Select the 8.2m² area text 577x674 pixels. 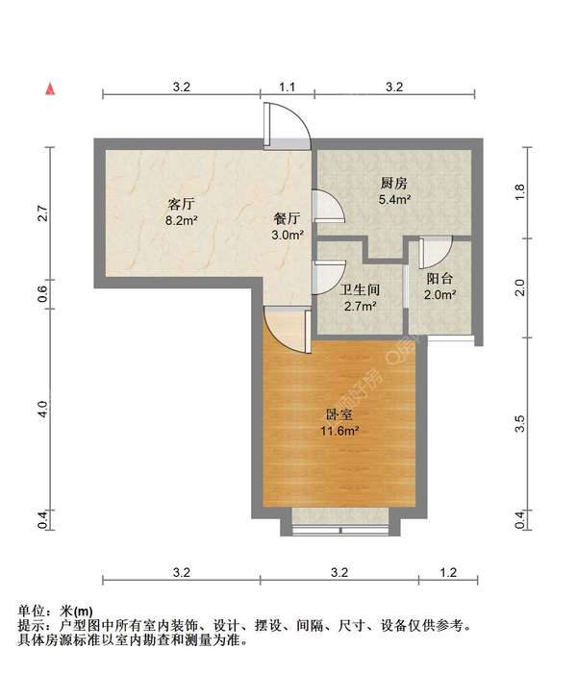182,220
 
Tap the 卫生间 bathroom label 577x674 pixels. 361,289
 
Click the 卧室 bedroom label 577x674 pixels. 339,415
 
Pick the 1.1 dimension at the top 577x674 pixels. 287,87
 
